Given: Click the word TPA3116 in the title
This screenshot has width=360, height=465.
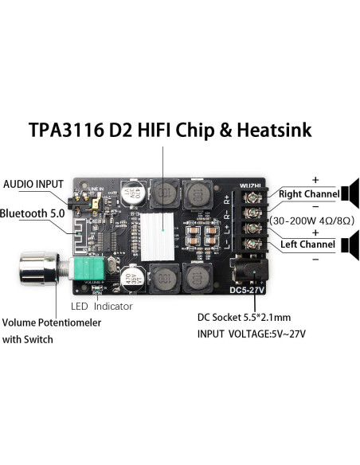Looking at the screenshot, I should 67,130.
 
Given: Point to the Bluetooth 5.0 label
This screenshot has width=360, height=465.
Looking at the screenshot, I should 33,213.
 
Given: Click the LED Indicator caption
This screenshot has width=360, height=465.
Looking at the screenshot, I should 101,306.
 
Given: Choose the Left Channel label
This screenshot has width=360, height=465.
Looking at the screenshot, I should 307,244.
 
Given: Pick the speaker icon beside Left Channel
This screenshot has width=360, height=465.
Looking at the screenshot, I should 350,244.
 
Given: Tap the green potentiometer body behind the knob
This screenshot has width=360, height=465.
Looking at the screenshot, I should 84,270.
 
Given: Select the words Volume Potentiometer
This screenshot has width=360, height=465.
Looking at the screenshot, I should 51,323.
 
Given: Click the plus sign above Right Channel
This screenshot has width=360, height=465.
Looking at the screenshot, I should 315,179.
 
